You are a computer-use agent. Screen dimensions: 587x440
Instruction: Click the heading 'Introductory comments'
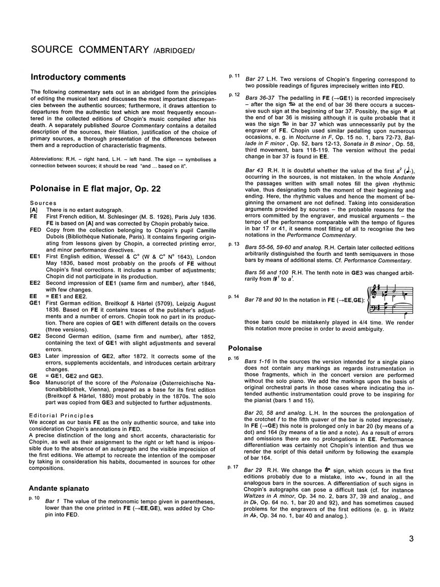click(x=78, y=77)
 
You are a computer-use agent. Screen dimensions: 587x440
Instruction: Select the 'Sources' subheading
click(x=43, y=203)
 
